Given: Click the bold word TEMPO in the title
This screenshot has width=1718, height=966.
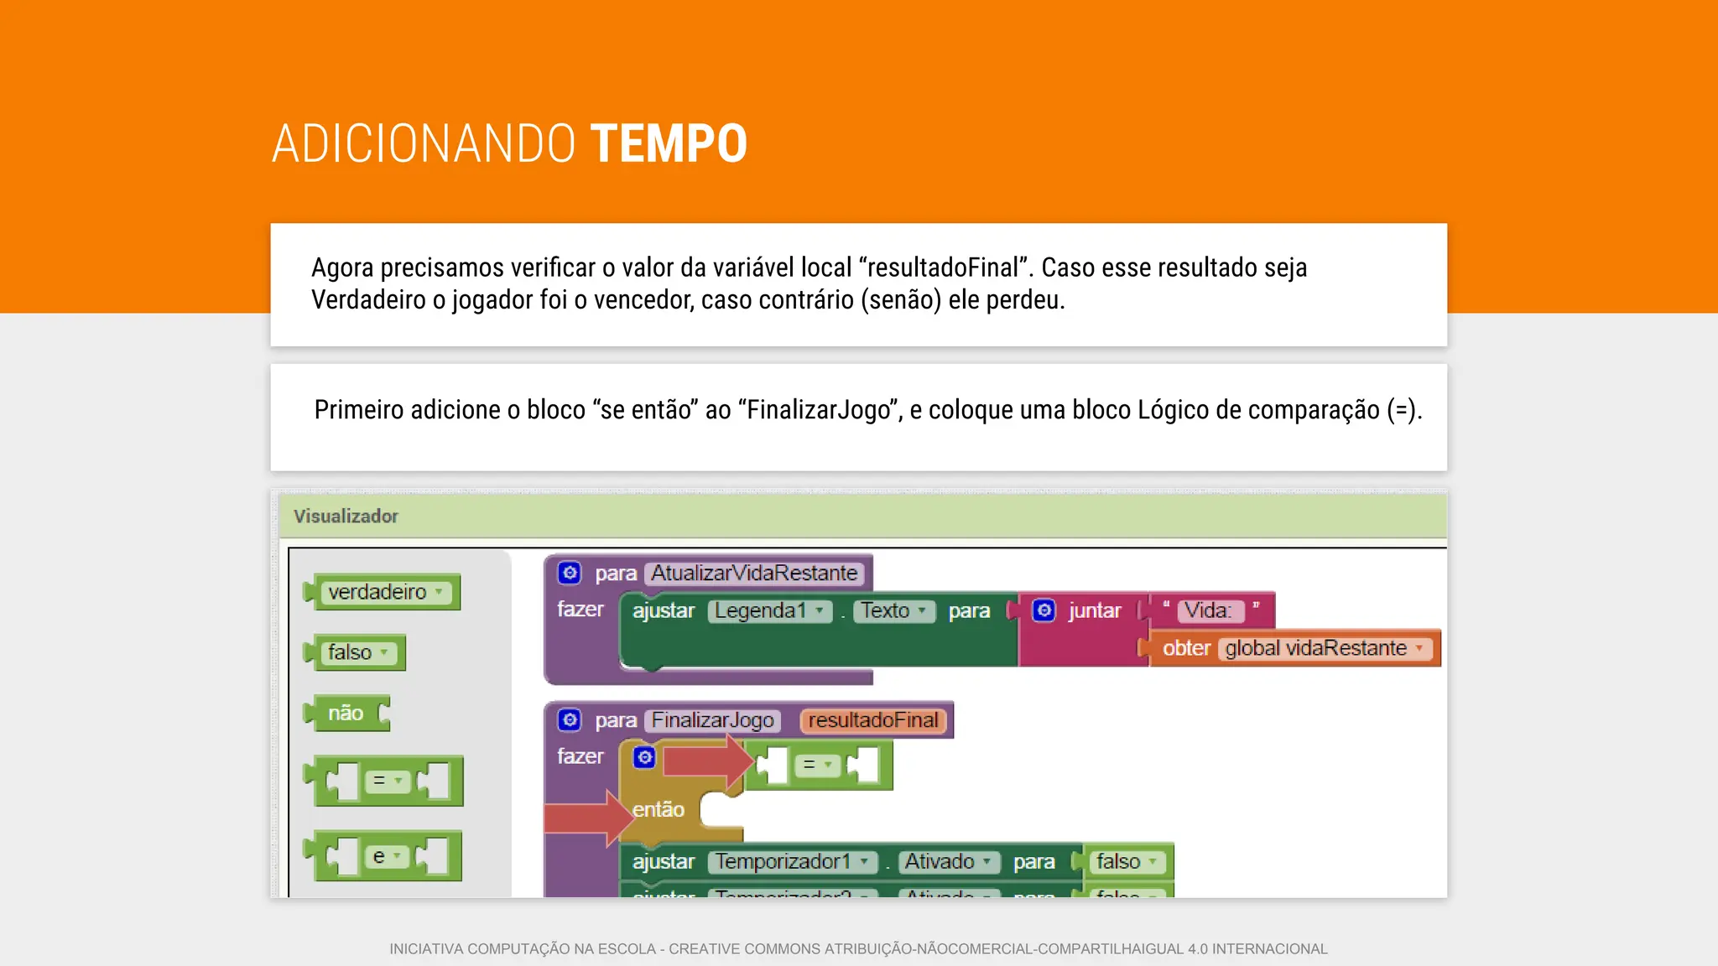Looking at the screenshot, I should (669, 143).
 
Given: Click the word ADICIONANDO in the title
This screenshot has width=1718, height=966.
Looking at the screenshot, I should (424, 143).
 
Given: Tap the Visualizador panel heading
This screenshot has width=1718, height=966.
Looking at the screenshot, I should (346, 516).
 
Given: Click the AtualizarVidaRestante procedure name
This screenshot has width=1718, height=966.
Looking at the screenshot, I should (754, 573).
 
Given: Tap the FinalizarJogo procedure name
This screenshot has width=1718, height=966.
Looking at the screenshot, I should (713, 720).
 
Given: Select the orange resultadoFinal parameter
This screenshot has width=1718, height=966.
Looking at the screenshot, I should (873, 720).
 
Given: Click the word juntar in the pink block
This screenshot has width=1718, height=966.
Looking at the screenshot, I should (1095, 610).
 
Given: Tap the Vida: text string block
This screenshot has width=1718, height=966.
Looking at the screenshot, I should (1208, 610).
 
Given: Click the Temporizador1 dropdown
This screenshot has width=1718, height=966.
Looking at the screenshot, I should (792, 861).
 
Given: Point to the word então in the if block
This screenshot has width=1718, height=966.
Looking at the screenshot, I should (659, 809).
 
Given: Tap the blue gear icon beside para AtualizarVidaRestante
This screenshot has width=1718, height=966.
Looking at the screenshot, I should (570, 573).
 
